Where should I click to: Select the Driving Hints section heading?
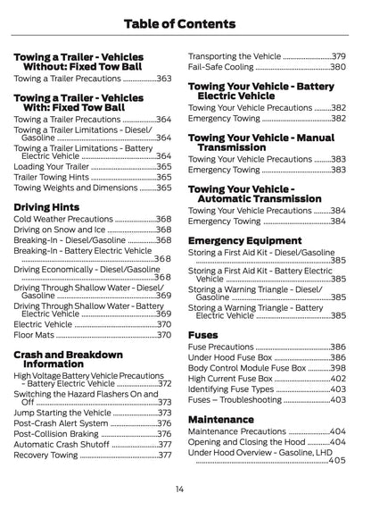coord(48,206)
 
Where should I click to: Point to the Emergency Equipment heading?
coord(245,241)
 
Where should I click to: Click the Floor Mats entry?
coord(36,336)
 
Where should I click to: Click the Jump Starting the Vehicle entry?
coord(62,413)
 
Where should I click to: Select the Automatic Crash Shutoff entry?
coord(62,444)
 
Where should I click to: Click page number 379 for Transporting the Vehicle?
coord(338,56)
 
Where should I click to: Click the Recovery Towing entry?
coord(46,455)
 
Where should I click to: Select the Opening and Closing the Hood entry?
coord(246,441)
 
